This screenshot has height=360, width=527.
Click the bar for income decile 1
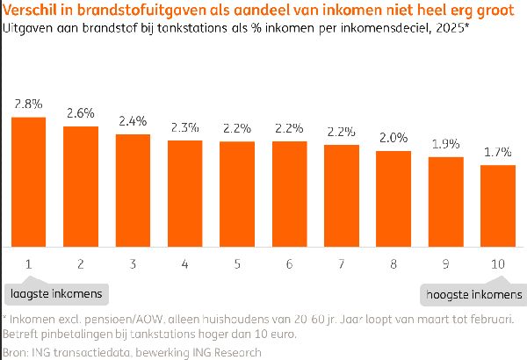[x=29, y=182]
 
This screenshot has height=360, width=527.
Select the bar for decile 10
[x=497, y=205]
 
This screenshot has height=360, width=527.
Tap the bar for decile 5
[x=237, y=194]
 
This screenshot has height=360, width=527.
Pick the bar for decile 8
[x=393, y=198]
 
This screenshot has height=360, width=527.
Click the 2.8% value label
[x=29, y=104]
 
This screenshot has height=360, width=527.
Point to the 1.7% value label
[x=497, y=152]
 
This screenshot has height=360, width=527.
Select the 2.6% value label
[x=81, y=113]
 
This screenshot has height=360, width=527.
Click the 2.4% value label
[x=134, y=121]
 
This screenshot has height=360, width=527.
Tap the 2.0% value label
[x=393, y=138]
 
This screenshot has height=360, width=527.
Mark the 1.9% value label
[x=445, y=144]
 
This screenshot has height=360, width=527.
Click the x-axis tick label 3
[x=134, y=263]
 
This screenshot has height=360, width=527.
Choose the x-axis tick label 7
[x=342, y=263]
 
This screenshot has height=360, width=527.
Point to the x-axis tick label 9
[x=445, y=263]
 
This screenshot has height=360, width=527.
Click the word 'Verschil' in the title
[x=32, y=10]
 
